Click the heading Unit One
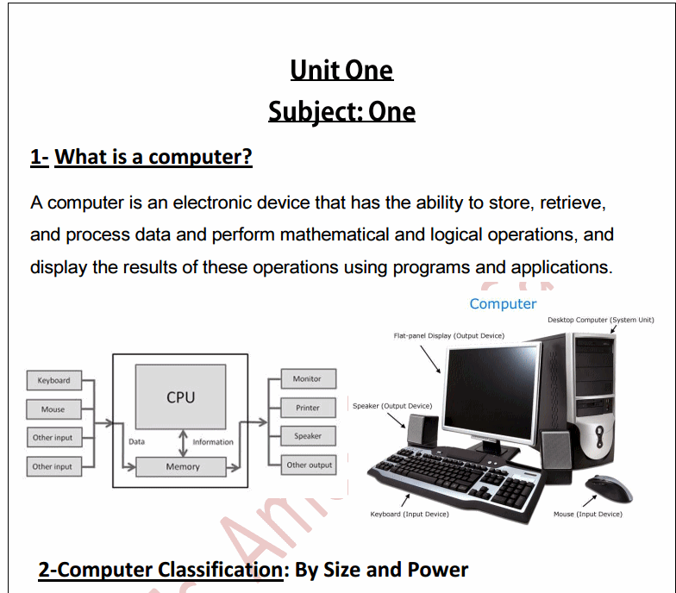341,70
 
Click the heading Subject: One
341,112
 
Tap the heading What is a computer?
153,157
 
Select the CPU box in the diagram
181,397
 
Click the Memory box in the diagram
182,466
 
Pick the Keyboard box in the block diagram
53,380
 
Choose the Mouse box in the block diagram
53,409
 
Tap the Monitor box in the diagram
307,378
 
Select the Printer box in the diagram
308,408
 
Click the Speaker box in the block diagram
308,436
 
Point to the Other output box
309,465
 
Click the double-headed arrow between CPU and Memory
182,442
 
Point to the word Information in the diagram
213,442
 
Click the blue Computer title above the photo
503,303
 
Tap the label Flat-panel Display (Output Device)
448,335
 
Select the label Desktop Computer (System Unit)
600,320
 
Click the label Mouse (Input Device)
587,515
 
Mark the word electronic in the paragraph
215,203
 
